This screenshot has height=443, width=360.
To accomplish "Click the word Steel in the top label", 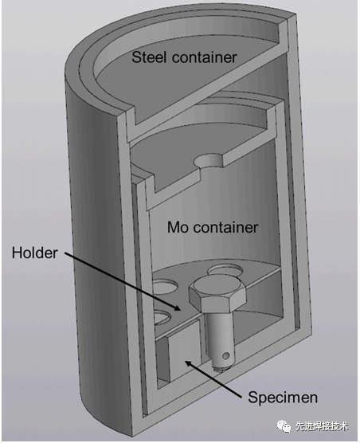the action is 149,57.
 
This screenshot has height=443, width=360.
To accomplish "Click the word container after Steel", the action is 204,57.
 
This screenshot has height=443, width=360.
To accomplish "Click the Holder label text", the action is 35,253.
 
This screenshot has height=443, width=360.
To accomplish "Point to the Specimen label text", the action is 283,398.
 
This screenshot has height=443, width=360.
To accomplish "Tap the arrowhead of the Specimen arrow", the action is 189,363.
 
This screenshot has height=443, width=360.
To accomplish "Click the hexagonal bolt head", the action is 217,294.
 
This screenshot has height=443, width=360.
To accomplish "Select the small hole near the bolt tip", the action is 225,356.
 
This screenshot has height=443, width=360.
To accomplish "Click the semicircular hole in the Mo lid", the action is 208,161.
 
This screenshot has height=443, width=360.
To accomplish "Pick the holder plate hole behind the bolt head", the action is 225,270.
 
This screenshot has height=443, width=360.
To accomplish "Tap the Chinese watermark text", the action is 322,426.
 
